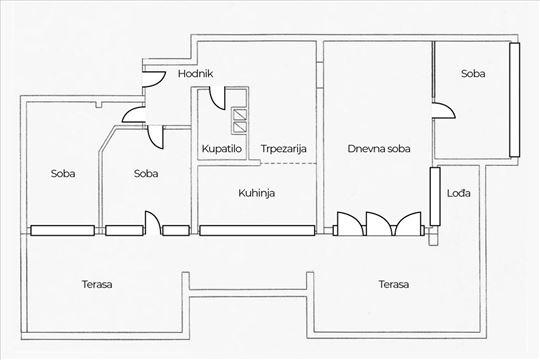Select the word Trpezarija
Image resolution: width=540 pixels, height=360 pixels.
[283, 149]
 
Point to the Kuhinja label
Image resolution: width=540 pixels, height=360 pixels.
[257, 192]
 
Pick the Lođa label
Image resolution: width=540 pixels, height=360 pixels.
[458, 192]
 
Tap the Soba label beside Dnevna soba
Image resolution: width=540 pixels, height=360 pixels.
[474, 74]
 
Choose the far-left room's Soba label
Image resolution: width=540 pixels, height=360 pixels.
[63, 173]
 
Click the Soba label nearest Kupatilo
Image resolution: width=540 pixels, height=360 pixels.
[147, 173]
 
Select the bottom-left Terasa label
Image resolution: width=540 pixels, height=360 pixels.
[97, 284]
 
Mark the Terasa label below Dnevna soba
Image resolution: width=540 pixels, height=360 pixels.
[393, 284]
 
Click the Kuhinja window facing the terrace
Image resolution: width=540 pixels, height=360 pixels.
[257, 230]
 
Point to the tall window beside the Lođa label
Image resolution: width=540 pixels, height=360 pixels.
[434, 197]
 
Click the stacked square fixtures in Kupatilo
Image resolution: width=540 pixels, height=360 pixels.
[240, 120]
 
